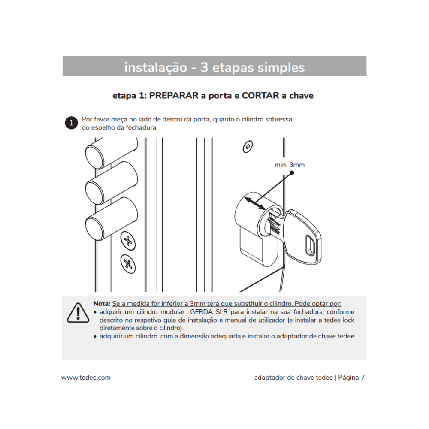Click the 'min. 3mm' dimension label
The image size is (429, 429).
click(x=290, y=165)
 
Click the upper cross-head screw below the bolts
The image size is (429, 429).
click(x=127, y=240)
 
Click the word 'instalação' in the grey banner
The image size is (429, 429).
click(x=155, y=67)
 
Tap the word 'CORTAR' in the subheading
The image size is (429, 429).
click(x=260, y=95)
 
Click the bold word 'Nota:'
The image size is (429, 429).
click(x=102, y=303)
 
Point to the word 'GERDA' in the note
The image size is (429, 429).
click(x=202, y=312)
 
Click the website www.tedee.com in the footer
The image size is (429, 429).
click(x=86, y=378)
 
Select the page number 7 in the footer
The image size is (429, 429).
click(x=363, y=378)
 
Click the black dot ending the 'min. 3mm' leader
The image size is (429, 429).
click(x=292, y=173)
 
